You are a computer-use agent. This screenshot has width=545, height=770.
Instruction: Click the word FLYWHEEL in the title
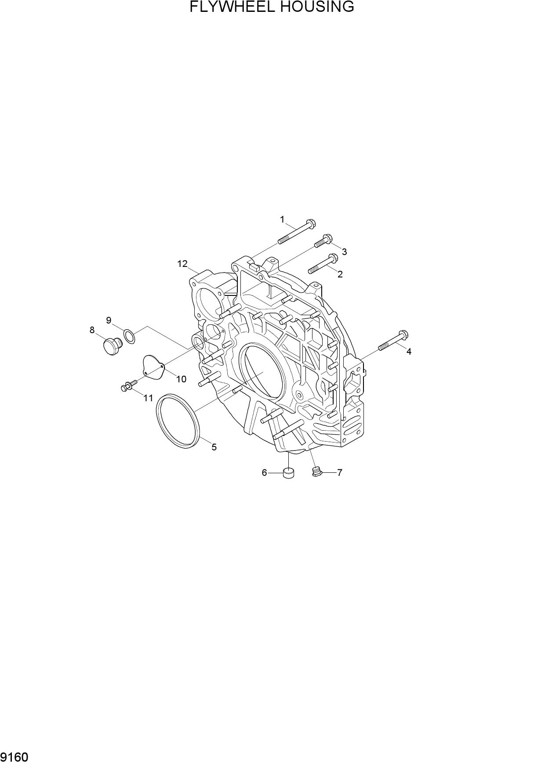(x=231, y=7)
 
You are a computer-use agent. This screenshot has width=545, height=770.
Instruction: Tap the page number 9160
(x=15, y=758)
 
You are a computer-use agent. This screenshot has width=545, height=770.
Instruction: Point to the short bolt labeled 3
(x=324, y=241)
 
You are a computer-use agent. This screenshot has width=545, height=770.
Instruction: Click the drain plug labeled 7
(x=316, y=472)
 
